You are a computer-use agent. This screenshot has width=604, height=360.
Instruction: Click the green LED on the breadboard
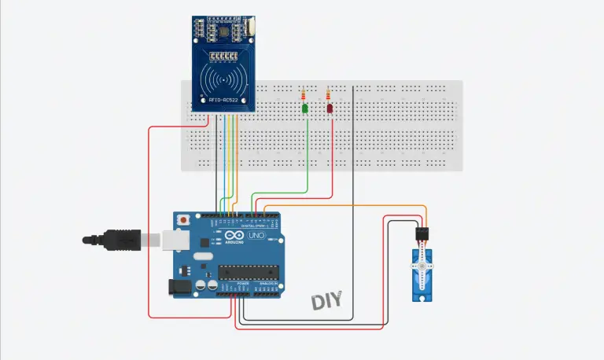pos(304,108)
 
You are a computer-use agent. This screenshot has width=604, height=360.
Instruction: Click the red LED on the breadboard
pos(330,108)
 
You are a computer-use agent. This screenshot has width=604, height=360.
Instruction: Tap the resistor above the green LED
pos(304,96)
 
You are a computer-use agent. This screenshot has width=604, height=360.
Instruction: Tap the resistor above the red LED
pos(329,96)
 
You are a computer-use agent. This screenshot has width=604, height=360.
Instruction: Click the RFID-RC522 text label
pos(226,100)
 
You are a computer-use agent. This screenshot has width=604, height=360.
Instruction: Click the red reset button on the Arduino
pos(184,220)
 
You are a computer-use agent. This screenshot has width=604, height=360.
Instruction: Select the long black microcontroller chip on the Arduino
pos(247,273)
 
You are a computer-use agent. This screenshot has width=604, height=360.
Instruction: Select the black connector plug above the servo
pos(424,234)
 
